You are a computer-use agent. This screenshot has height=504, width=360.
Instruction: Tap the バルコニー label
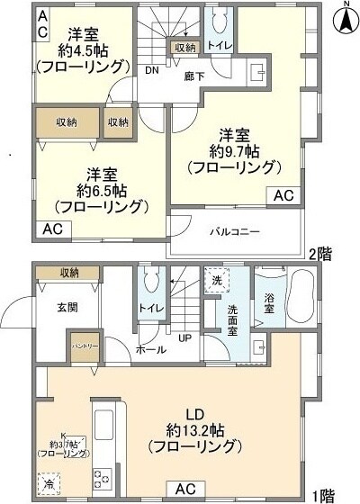235,231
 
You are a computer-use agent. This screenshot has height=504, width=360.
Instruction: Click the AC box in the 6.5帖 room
51,229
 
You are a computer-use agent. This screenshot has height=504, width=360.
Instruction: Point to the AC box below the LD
185,489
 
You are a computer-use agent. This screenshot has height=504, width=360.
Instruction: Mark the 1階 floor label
323,496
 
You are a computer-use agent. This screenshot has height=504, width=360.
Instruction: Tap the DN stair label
154,69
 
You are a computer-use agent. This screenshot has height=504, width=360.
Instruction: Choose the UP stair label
183,339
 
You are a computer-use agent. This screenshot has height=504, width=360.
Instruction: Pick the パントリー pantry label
86,346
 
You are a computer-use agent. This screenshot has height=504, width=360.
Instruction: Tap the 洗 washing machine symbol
215,281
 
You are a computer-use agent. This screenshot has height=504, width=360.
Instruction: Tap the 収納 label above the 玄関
70,272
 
